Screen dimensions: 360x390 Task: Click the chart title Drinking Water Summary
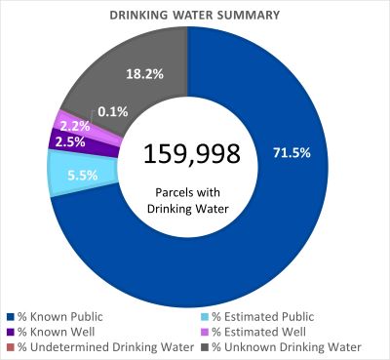[195, 16]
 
